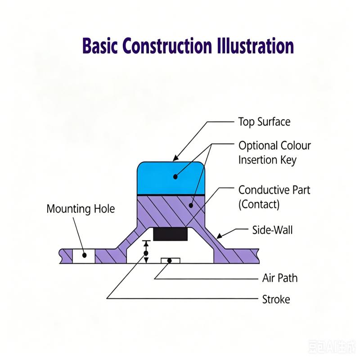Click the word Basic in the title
pos(100,46)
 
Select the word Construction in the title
pos(167,46)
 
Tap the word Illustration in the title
pos(255,46)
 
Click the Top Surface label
pos(264,121)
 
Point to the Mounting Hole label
pos(81,209)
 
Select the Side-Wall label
pos(272,230)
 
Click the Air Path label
pos(280,278)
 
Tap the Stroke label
pos(276,299)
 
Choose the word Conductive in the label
pos(262,190)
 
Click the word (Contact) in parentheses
pos(259,204)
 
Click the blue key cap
pos(171,178)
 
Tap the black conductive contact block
pos(171,234)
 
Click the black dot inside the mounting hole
pos(85,255)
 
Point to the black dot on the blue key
pos(175,177)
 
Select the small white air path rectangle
pos(171,261)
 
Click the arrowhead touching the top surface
pos(175,158)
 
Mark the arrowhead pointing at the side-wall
pos(220,236)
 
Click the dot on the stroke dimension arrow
pos(146,253)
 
